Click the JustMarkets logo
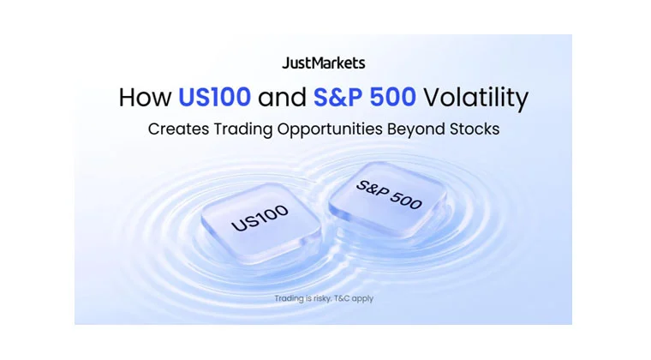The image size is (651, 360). pyautogui.click(x=324, y=63)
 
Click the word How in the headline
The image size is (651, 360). pyautogui.click(x=145, y=97)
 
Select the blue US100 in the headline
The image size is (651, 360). pyautogui.click(x=214, y=97)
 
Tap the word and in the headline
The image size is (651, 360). pyautogui.click(x=283, y=97)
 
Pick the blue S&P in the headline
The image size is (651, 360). pyautogui.click(x=338, y=97)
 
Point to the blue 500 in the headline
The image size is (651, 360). pyautogui.click(x=393, y=97)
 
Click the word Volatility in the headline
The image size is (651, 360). pyautogui.click(x=475, y=98)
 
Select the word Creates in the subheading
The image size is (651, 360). pyautogui.click(x=178, y=129)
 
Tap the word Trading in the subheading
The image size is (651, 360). pyautogui.click(x=243, y=129)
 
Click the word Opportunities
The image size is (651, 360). pyautogui.click(x=330, y=129)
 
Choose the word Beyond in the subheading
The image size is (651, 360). pyautogui.click(x=416, y=129)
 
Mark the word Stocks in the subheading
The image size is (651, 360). pyautogui.click(x=475, y=129)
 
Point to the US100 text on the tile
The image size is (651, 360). pyautogui.click(x=260, y=218)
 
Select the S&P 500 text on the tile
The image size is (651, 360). pyautogui.click(x=389, y=195)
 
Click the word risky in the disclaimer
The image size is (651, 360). pyautogui.click(x=322, y=298)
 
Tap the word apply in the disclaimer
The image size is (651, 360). pyautogui.click(x=362, y=299)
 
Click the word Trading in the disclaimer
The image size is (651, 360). pyautogui.click(x=289, y=298)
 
